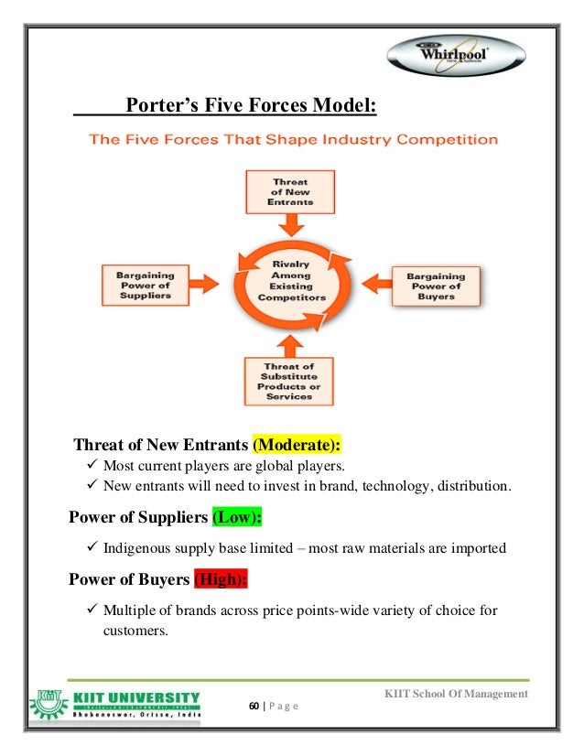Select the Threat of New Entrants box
290,190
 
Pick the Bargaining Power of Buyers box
436,286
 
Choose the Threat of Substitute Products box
290,382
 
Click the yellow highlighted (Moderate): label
297,446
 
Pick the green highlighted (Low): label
237,517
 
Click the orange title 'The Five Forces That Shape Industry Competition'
293,141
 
